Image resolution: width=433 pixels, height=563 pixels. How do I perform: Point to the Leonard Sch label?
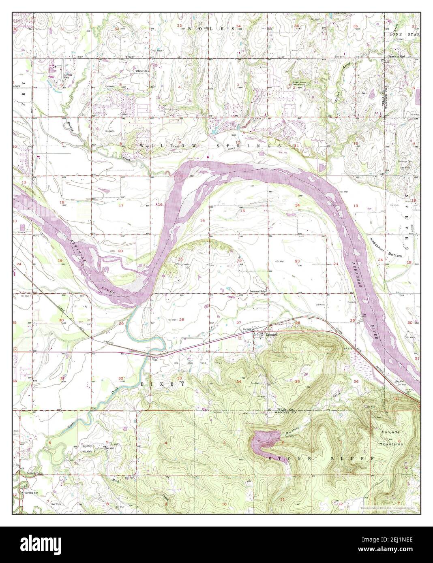(x=256, y=291)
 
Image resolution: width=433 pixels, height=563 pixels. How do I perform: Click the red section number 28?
(x=182, y=320)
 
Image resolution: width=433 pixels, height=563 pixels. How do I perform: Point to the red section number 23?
(x=297, y=261)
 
